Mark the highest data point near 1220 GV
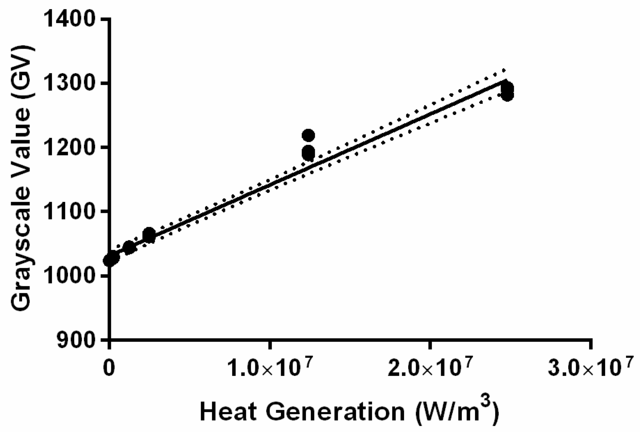308,135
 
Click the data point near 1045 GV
129,247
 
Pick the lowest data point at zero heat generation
109,260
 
